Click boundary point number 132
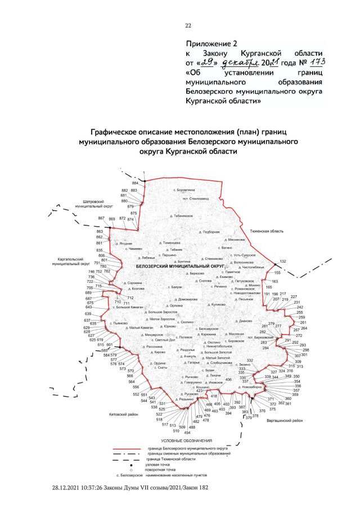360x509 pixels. click(x=283, y=262)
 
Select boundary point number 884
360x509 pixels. click(x=135, y=183)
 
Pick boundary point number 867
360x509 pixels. click(x=101, y=218)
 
